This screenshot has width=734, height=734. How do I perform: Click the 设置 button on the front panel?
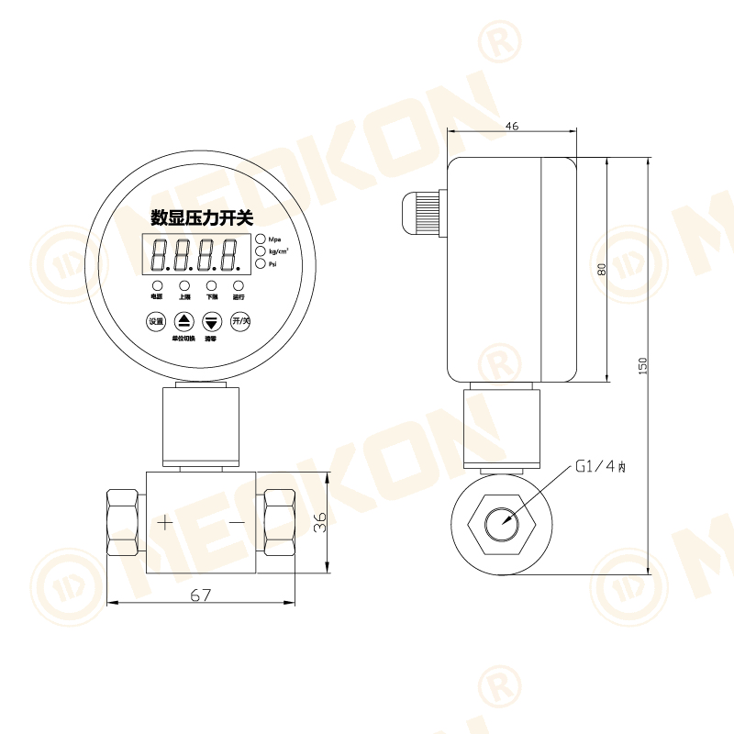(156, 321)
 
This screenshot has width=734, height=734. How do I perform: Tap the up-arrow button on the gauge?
(184, 321)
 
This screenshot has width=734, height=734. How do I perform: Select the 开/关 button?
(240, 321)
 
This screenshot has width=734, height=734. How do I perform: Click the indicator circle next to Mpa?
(261, 239)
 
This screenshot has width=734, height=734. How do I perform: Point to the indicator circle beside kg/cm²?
(261, 251)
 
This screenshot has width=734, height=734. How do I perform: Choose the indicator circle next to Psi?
(261, 264)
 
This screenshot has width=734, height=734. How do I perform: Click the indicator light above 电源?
(157, 286)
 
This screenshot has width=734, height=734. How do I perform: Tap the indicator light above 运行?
(239, 286)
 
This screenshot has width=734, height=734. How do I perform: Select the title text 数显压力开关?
(201, 217)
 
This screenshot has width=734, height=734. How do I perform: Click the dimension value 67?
(201, 595)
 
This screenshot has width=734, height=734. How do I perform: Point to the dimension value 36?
(319, 523)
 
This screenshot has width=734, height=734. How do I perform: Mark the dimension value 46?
(512, 127)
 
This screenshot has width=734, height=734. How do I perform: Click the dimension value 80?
(602, 269)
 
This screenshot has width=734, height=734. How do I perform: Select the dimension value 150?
(642, 364)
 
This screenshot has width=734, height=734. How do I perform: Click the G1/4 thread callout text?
(600, 466)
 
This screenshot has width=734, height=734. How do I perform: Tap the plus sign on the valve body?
(164, 523)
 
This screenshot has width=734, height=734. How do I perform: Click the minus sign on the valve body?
(237, 523)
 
